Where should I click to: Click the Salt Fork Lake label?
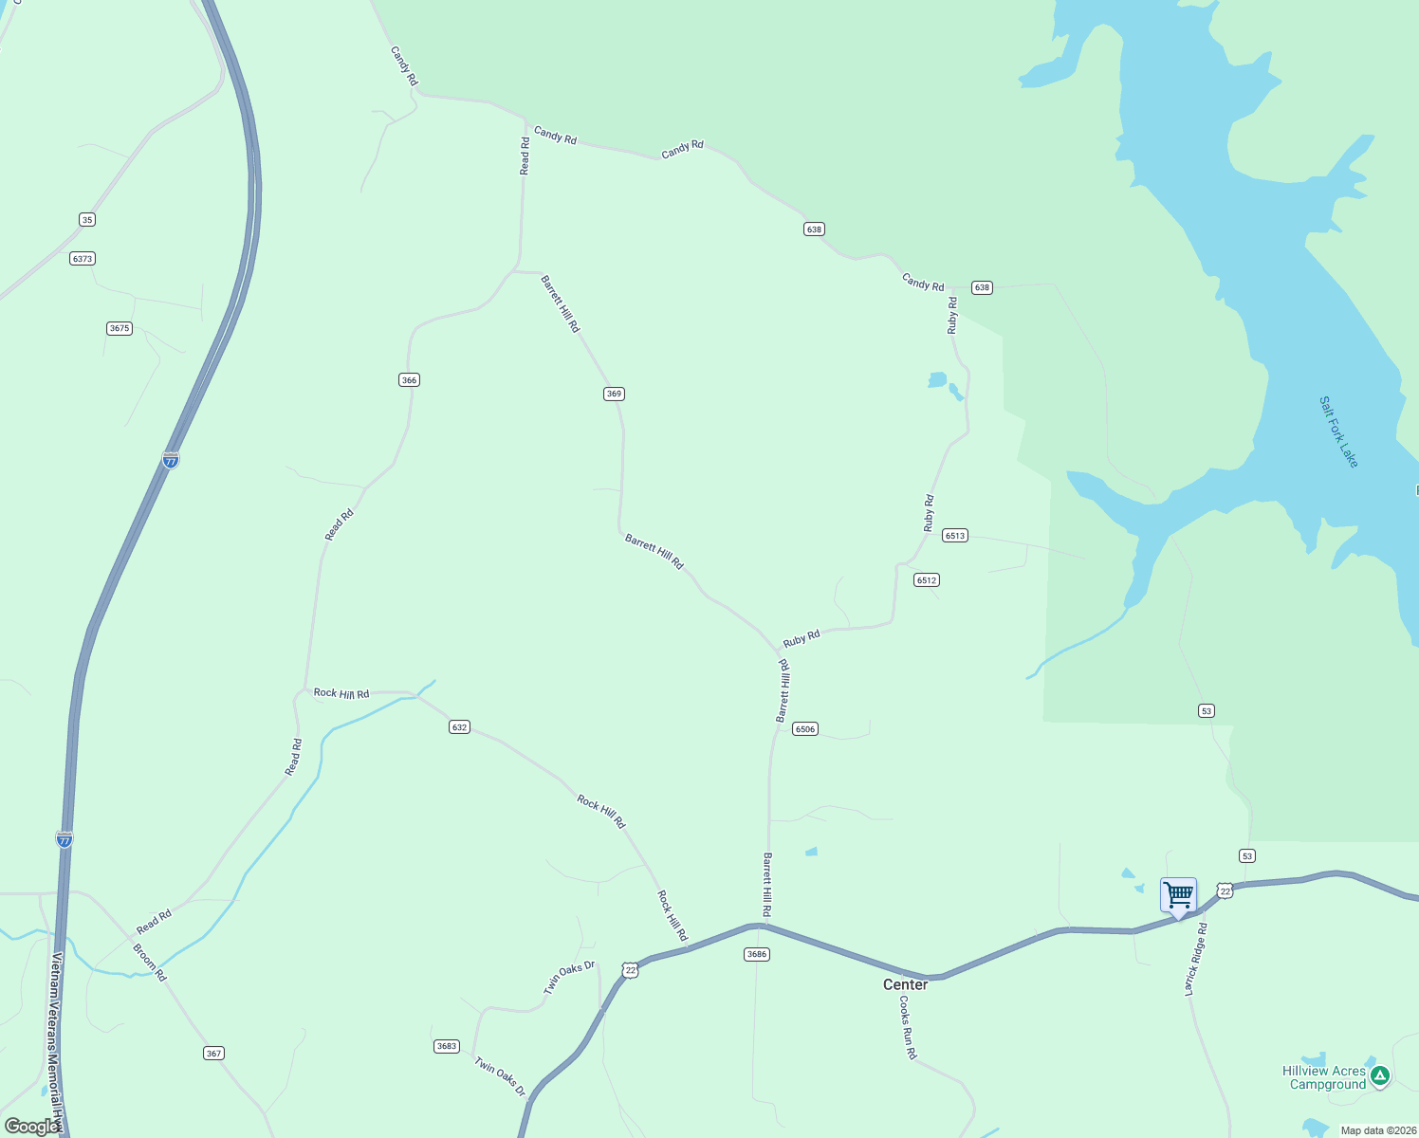coord(1338,431)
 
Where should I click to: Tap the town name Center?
coord(905,984)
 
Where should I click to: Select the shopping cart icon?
coord(1178,894)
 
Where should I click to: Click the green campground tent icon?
coord(1380,1075)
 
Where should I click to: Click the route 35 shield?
coord(87,220)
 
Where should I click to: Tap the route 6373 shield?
coord(83,258)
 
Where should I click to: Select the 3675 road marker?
coord(119,328)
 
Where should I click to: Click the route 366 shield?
coord(409,380)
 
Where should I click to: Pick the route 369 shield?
coord(614,394)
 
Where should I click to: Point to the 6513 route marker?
coord(954,536)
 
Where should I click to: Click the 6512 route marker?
coord(927,580)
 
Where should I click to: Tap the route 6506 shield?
coord(805,729)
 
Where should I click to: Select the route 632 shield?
coord(459,727)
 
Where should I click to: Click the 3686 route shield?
coord(756,954)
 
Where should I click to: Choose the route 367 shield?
coord(213,1054)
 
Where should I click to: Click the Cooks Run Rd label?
coord(908,1027)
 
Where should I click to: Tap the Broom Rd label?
coord(150,962)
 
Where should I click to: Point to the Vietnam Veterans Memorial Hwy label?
coord(56,1038)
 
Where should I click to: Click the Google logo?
coord(32,1127)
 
